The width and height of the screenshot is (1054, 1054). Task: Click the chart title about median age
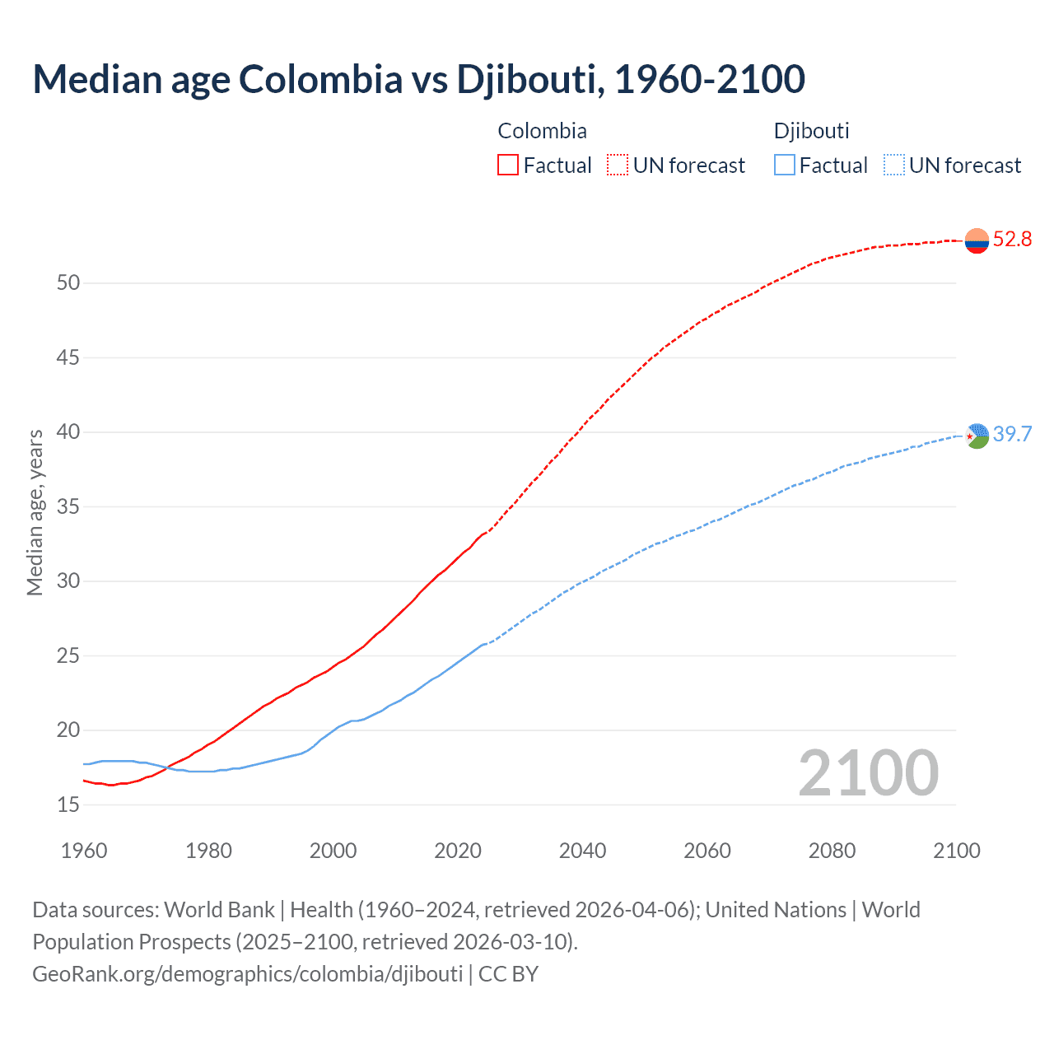point(418,79)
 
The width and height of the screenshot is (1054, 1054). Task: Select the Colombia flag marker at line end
point(977,240)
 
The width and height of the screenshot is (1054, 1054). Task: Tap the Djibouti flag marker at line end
point(977,436)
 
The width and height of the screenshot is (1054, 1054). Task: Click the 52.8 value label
point(1012,240)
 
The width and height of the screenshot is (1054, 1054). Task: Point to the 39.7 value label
point(1012,435)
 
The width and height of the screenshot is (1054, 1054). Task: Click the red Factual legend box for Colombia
point(508,166)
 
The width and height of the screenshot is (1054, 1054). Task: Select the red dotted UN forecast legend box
point(618,166)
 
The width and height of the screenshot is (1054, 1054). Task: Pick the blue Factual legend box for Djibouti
point(785,166)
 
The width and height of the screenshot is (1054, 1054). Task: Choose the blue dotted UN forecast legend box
point(893,166)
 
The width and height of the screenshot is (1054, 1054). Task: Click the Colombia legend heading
point(542,131)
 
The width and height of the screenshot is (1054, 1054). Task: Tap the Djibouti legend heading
point(811,131)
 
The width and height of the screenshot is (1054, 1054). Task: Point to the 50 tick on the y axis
point(68,283)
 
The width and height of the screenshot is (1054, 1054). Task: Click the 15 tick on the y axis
point(68,804)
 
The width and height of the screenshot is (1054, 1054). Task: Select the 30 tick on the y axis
point(68,581)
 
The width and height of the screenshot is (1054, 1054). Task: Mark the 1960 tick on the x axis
point(84,851)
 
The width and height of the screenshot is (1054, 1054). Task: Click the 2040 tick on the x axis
point(582,851)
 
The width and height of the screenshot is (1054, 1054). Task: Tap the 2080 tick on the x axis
point(832,851)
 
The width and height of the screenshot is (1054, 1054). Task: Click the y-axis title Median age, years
point(35,512)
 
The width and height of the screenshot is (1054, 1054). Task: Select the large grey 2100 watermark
point(868,773)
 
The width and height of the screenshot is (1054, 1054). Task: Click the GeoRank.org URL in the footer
point(247,974)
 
